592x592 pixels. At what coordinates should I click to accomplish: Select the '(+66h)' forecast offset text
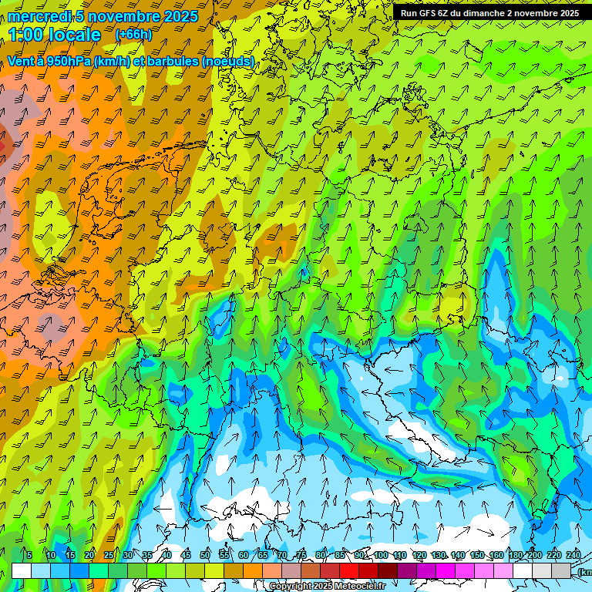pyautogui.click(x=133, y=35)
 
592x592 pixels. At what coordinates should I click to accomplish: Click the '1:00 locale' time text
pyautogui.click(x=55, y=35)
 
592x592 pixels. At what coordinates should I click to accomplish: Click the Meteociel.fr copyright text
pyautogui.click(x=327, y=587)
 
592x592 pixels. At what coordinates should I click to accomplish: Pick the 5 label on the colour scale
pyautogui.click(x=29, y=555)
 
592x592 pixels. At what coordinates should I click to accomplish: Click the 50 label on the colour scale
pyautogui.click(x=205, y=555)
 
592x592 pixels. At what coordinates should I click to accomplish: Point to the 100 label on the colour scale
pyautogui.click(x=380, y=555)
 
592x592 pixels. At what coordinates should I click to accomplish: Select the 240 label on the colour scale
pyautogui.click(x=573, y=555)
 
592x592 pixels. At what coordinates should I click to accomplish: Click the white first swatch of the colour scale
pyautogui.click(x=22, y=570)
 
